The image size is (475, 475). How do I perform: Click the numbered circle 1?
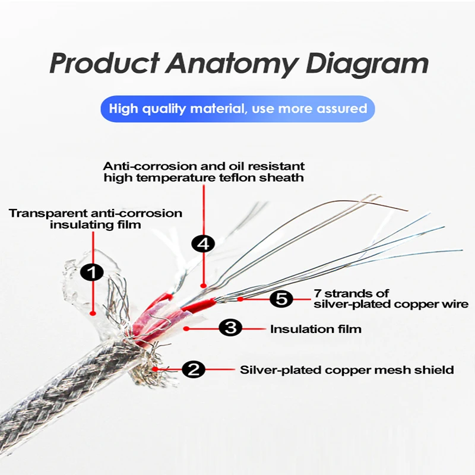click(92, 273)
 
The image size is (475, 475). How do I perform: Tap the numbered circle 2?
click(193, 370)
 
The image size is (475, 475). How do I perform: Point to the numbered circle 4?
click(203, 243)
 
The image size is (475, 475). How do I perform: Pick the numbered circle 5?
click(281, 299)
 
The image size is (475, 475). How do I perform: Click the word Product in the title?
click(104, 64)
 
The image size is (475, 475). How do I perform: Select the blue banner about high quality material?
click(237, 109)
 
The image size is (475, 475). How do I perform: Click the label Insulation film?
click(315, 328)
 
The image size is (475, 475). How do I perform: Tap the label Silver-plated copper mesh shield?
click(347, 370)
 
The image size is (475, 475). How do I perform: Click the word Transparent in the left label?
click(47, 213)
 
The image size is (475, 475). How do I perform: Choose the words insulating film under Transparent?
click(96, 224)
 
